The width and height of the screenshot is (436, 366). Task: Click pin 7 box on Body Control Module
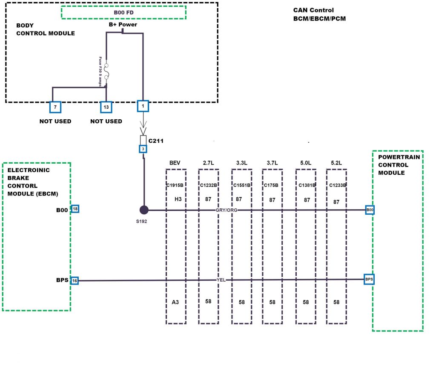(x=55, y=107)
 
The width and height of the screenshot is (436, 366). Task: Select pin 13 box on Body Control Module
(x=106, y=107)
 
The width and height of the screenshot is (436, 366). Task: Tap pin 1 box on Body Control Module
(x=143, y=106)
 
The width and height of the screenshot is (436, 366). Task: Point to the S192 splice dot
(x=144, y=210)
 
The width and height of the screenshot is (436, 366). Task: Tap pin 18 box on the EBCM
(x=75, y=209)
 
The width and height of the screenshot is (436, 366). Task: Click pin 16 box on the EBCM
(x=75, y=280)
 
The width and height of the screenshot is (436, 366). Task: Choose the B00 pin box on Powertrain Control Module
(x=370, y=210)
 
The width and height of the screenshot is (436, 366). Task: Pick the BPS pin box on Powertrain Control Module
(x=369, y=280)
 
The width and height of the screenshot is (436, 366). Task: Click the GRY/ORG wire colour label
(x=227, y=210)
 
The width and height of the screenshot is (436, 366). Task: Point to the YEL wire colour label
(x=221, y=280)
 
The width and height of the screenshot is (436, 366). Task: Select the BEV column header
(x=175, y=163)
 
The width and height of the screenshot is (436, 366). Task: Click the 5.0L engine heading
(x=305, y=163)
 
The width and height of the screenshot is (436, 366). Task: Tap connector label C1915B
(x=175, y=185)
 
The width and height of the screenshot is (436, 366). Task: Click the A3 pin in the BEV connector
(x=175, y=302)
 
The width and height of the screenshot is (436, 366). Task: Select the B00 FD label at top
(x=124, y=13)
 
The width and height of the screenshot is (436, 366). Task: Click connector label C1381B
(x=306, y=185)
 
